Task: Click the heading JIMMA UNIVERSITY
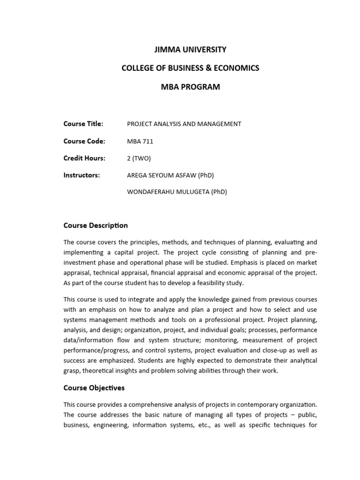point(190,49)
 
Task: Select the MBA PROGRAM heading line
point(190,87)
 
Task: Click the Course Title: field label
point(83,124)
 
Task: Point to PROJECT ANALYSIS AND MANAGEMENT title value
point(184,124)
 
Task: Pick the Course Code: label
point(84,141)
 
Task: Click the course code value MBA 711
point(140,142)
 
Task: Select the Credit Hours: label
point(84,158)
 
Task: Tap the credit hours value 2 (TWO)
point(139,158)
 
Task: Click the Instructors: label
point(82,175)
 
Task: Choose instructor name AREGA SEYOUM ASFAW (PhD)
point(170,175)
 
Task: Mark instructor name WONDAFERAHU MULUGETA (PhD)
point(177,192)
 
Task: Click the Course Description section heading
point(96,225)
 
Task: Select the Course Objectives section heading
point(94,388)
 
